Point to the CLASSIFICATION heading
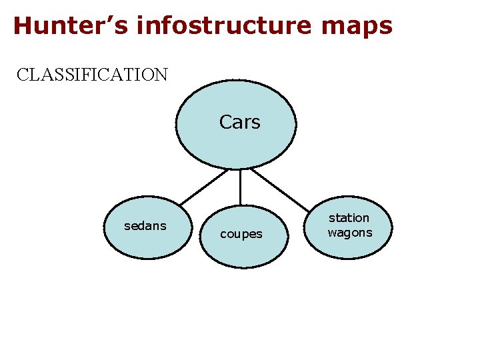(93, 74)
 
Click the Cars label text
(239, 122)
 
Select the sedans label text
(145, 226)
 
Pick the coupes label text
(241, 234)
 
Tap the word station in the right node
(349, 218)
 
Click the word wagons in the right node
(350, 233)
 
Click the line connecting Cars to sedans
(203, 187)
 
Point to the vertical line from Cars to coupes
(240, 187)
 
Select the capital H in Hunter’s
(22, 26)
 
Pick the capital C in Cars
(225, 122)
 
